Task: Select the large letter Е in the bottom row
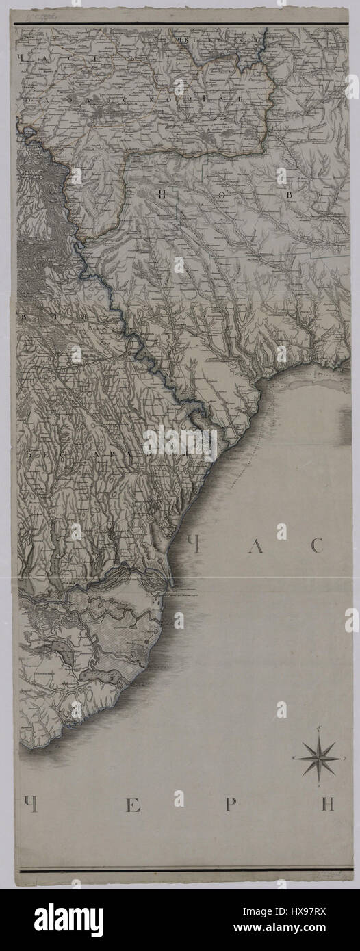[133, 805]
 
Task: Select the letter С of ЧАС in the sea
[316, 545]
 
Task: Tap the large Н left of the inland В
[161, 195]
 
